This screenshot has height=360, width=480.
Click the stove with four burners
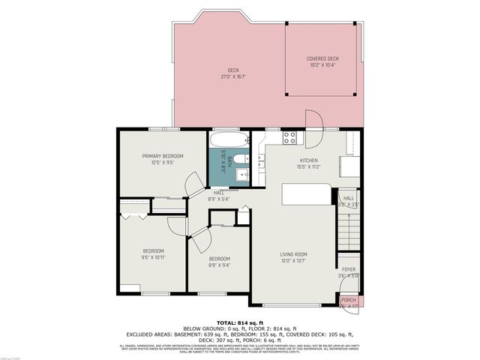(289, 137)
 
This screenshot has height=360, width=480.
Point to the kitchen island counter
(305, 195)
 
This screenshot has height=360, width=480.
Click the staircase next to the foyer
(349, 229)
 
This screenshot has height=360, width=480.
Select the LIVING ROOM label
(293, 255)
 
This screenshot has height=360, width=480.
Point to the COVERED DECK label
(322, 58)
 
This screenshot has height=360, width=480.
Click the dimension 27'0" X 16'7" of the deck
(233, 76)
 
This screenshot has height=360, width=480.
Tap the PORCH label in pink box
(349, 300)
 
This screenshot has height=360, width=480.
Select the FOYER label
(349, 269)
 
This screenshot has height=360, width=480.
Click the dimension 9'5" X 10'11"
(153, 257)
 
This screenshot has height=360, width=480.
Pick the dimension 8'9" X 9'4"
(219, 265)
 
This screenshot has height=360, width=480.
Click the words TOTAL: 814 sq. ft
(239, 322)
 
